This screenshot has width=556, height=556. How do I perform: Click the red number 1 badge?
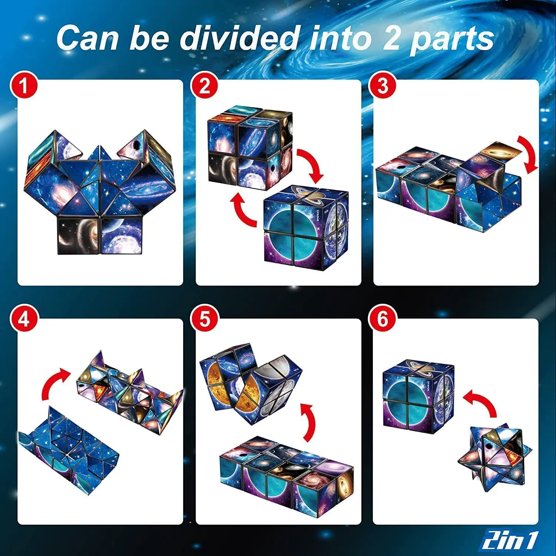point(24,86)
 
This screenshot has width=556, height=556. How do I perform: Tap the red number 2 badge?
point(205,86)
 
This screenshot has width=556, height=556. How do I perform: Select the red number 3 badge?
point(383,86)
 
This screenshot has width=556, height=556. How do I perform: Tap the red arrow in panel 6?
point(482,402)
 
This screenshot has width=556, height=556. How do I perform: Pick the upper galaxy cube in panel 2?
point(250,146)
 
